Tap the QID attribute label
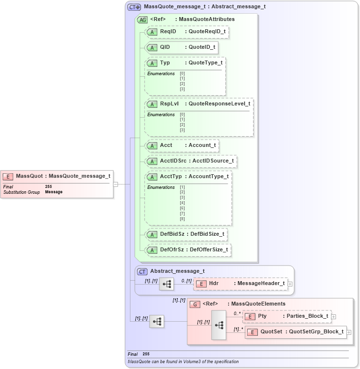pyautogui.click(x=165, y=47)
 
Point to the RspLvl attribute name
pyautogui.click(x=169, y=104)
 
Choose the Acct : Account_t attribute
pyautogui.click(x=181, y=145)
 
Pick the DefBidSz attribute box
pyautogui.click(x=187, y=234)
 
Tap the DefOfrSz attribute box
pyautogui.click(x=188, y=250)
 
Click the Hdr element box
pyautogui.click(x=241, y=283)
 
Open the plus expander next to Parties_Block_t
pyautogui.click(x=334, y=316)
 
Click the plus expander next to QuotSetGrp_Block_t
pyautogui.click(x=349, y=332)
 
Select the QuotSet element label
pyautogui.click(x=271, y=332)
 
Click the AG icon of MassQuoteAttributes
pyautogui.click(x=143, y=20)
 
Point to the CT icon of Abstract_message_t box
pyautogui.click(x=142, y=271)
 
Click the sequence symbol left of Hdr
pyautogui.click(x=167, y=283)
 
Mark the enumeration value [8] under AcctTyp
pyautogui.click(x=182, y=219)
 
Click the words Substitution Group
pyautogui.click(x=21, y=192)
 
